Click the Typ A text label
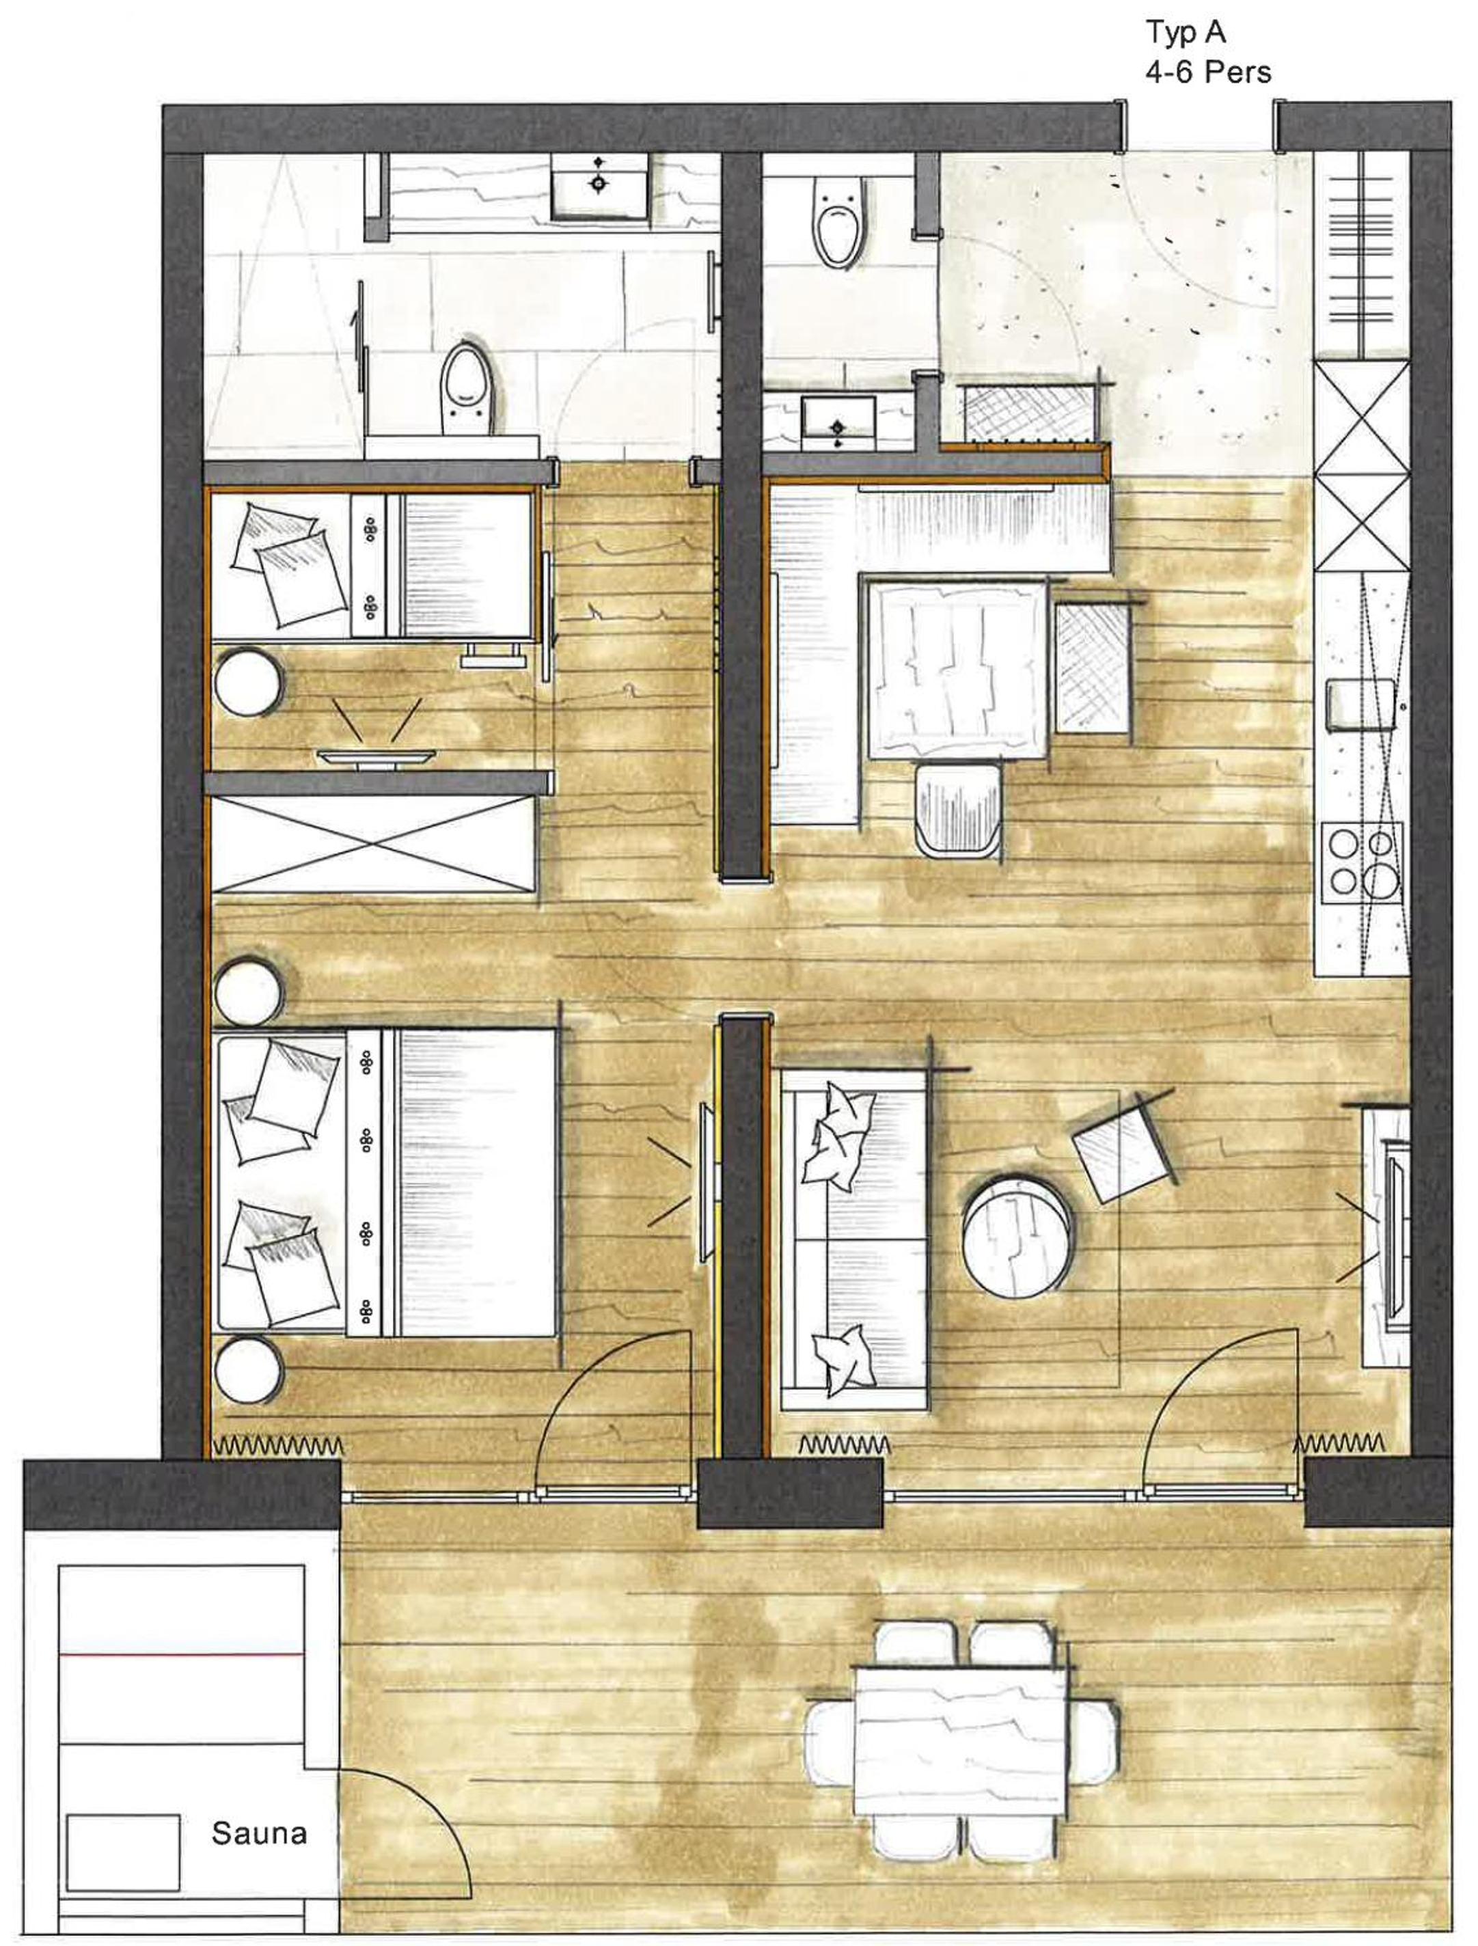[1185, 34]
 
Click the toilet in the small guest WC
[838, 221]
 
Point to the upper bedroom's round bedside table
[249, 681]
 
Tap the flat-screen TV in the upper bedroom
[377, 756]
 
